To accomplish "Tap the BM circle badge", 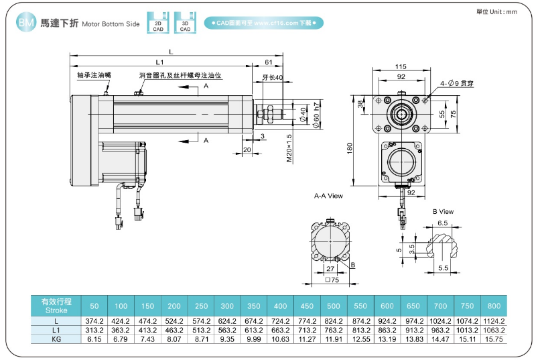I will coord(25,23).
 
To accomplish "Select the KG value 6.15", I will coord(94,339).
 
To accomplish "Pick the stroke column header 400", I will coord(280,306).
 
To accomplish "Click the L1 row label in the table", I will coord(56,331).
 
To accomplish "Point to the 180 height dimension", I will coord(349,147).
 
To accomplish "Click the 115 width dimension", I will coord(401,67).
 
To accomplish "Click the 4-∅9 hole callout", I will coord(458,84).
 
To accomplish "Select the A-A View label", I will coord(328,196).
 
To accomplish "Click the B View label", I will coord(443,212).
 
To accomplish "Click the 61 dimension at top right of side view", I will coord(268,62).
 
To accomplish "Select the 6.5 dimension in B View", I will coord(442,223).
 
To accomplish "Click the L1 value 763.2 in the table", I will coord(334,331).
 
